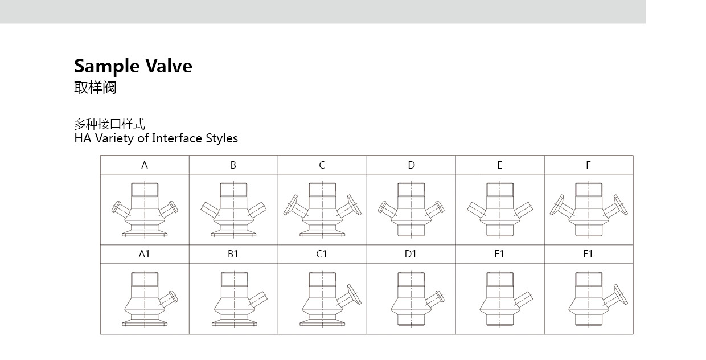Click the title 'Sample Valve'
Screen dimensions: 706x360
(x=133, y=66)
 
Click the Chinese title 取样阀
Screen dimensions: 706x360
(x=95, y=87)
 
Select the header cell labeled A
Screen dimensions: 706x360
(x=145, y=165)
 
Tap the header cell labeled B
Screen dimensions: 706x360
(x=233, y=165)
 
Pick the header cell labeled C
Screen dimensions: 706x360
(x=322, y=165)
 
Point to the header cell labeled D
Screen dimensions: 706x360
(x=411, y=165)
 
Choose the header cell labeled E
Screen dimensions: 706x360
(x=500, y=165)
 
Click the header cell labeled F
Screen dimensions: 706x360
(x=589, y=165)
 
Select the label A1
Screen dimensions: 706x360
(x=145, y=254)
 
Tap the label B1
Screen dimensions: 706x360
(x=233, y=254)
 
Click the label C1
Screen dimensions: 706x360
(x=322, y=254)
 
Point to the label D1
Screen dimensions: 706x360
(x=411, y=254)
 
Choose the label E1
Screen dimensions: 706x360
(x=500, y=254)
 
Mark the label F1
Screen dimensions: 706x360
(x=589, y=254)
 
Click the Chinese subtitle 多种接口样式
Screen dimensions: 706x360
(x=110, y=124)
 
